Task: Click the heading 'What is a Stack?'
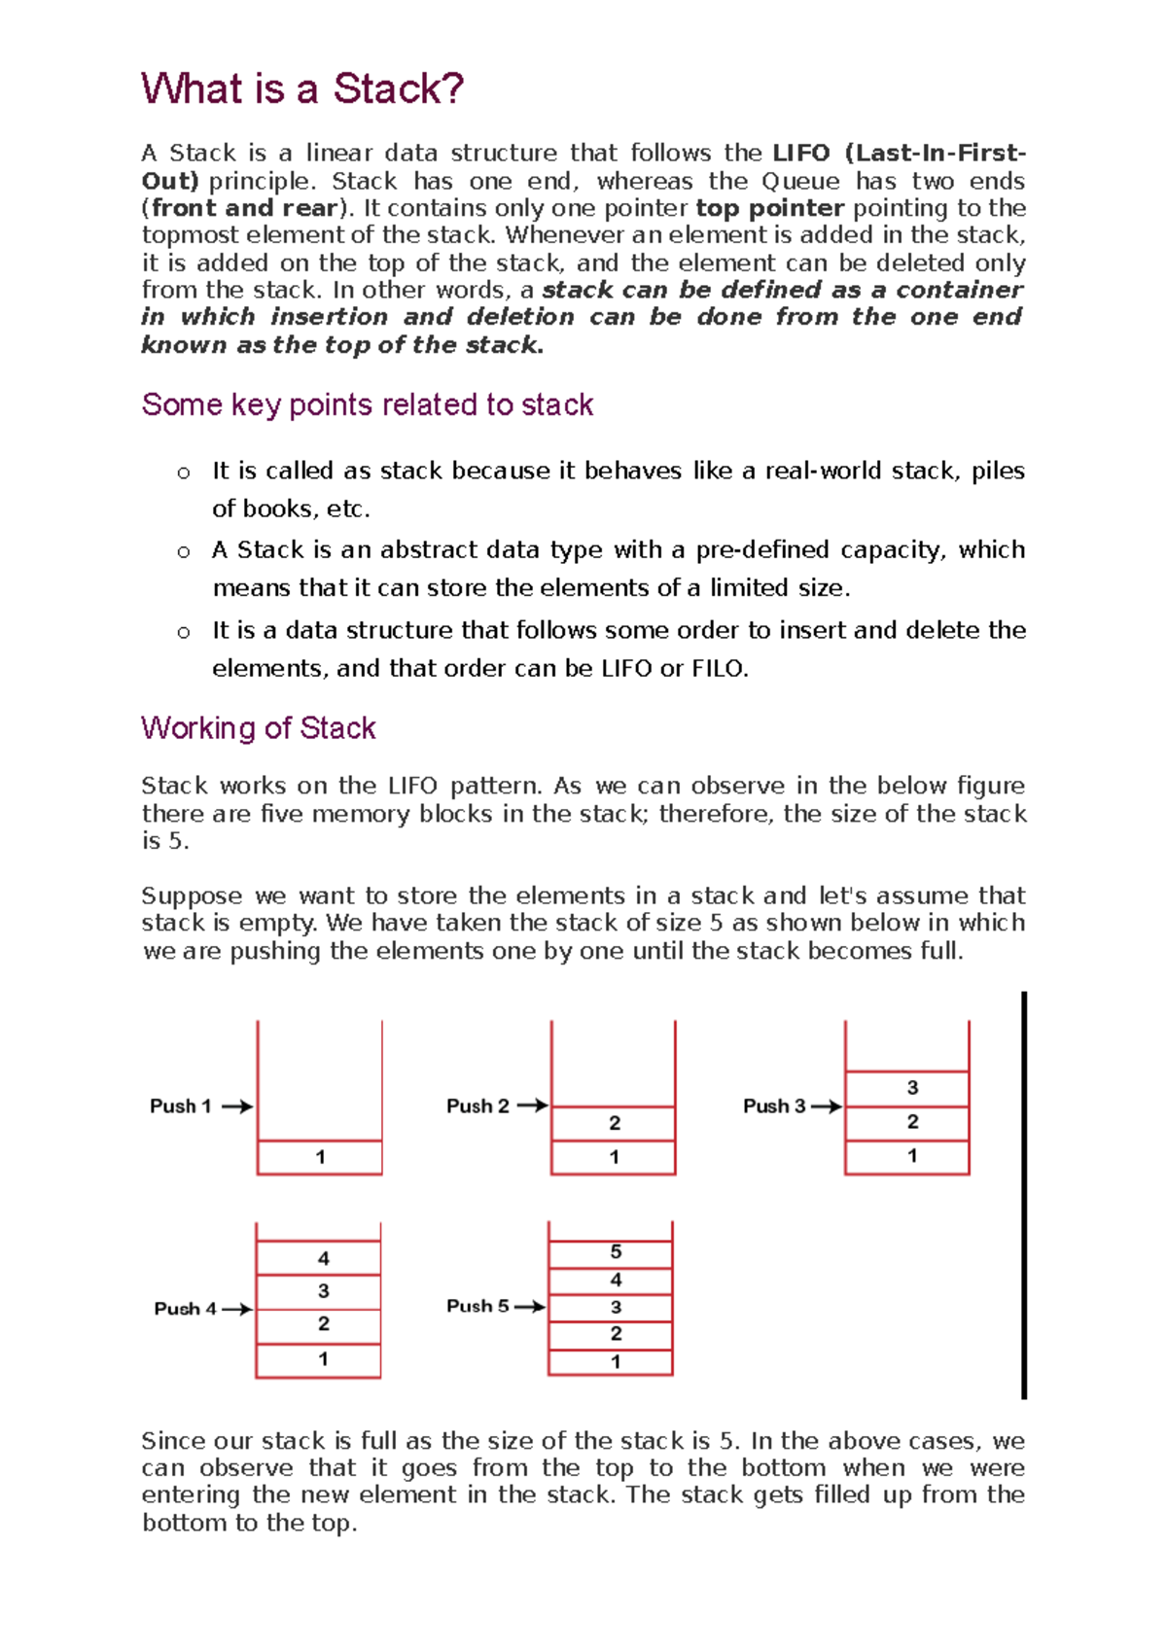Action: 301,88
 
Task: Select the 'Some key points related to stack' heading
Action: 367,404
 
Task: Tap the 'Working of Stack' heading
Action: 258,728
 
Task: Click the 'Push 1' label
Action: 180,1107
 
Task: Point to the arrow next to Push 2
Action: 532,1106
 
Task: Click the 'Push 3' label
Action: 773,1107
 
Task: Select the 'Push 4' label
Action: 185,1309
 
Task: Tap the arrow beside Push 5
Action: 530,1307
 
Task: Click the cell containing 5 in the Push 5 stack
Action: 615,1252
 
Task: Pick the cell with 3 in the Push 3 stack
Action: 911,1088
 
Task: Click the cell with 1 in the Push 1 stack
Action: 320,1157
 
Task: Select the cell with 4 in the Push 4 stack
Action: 323,1258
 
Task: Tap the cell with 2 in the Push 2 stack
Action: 614,1123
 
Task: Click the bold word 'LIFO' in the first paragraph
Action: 801,154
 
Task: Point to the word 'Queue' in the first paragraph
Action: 799,181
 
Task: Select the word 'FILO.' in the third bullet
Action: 720,669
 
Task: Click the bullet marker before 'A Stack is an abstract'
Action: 184,552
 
